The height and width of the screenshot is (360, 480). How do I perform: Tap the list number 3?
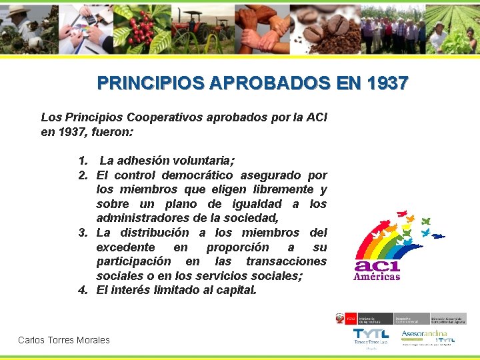coord(83,233)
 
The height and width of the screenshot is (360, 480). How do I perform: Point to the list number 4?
coord(83,290)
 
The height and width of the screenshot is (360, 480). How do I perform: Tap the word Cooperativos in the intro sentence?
coord(165,117)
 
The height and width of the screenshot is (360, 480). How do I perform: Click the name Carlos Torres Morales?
coord(64,340)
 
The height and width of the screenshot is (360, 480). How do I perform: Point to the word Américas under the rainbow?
coord(377,276)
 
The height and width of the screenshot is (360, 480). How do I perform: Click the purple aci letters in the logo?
coord(377,263)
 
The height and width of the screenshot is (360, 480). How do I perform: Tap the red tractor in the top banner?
coord(193,28)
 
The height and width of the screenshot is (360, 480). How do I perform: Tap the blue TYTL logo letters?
coord(371,334)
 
